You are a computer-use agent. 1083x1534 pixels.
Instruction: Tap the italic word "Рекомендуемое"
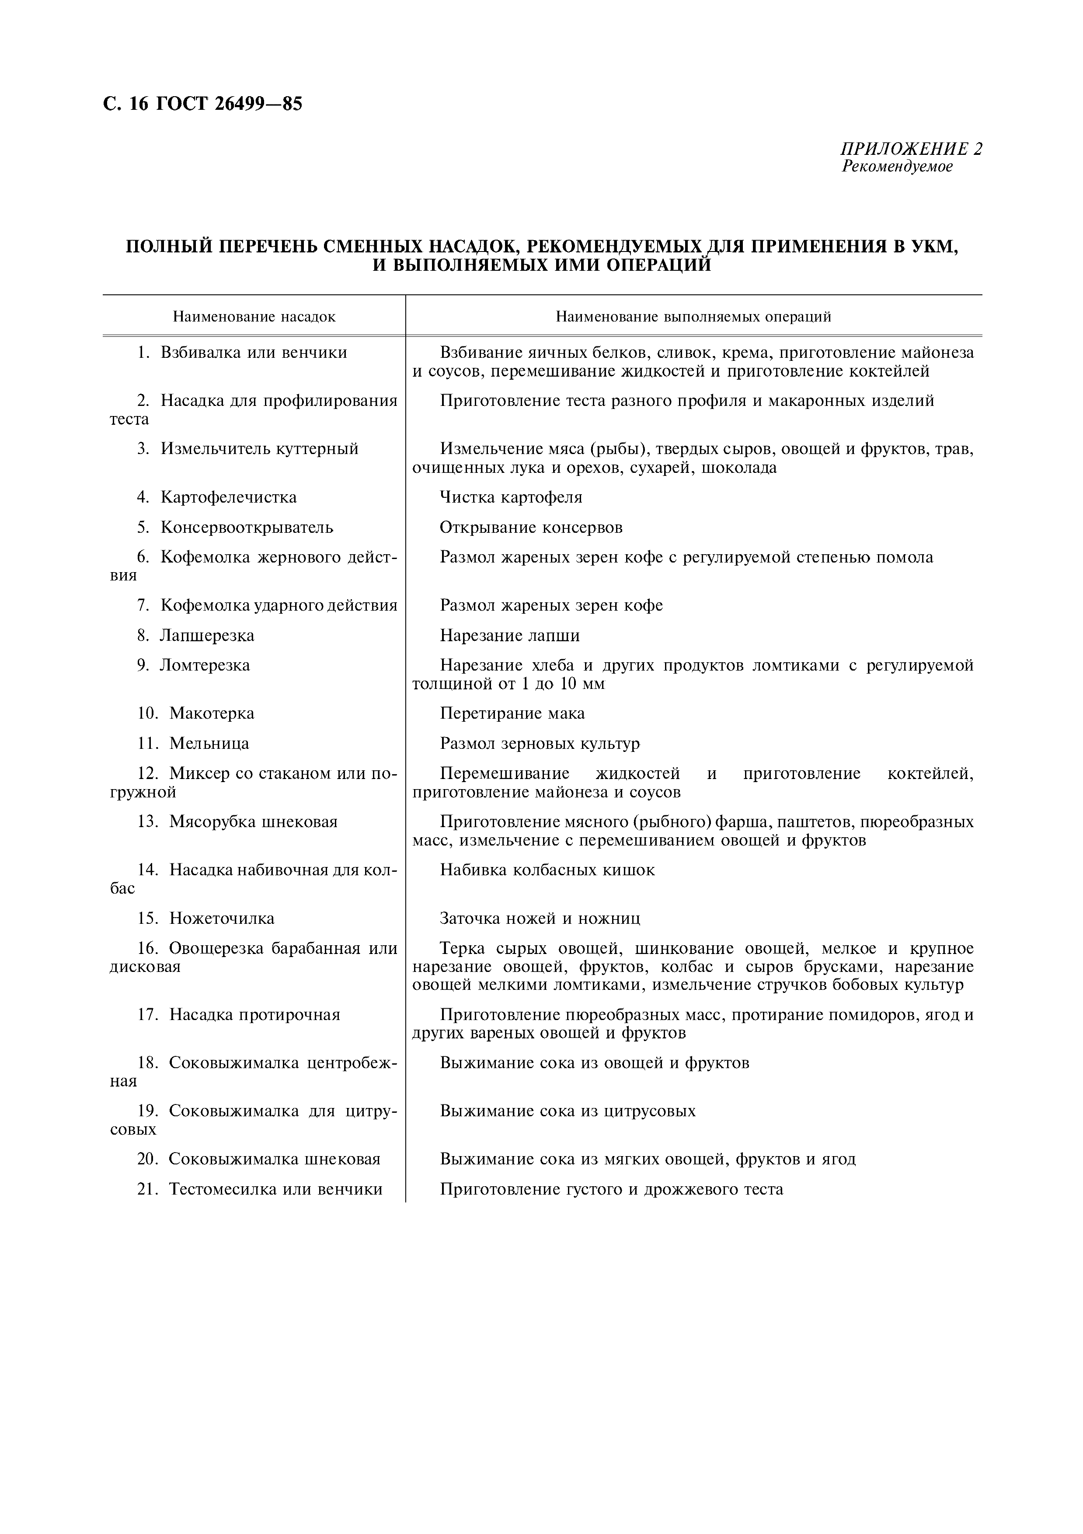pyautogui.click(x=897, y=166)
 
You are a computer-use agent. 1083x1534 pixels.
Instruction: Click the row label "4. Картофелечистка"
pyautogui.click(x=217, y=497)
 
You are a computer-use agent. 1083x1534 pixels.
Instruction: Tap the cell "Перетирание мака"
pyautogui.click(x=512, y=713)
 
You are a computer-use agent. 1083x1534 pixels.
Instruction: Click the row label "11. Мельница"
pyautogui.click(x=193, y=743)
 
